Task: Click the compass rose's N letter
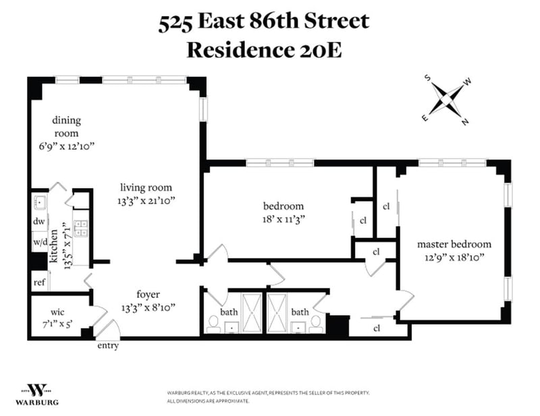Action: (x=465, y=121)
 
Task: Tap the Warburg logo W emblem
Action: (x=37, y=390)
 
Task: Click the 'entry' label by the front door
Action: (x=108, y=345)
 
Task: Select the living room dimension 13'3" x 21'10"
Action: (x=146, y=201)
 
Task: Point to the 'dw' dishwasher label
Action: (x=39, y=221)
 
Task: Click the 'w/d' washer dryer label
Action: (x=40, y=242)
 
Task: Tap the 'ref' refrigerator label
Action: (x=39, y=283)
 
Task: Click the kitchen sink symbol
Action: (x=40, y=202)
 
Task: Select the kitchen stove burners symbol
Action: (x=81, y=228)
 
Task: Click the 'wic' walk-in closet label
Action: (x=57, y=312)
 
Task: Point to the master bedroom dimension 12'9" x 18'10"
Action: (x=454, y=258)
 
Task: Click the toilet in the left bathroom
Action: (x=213, y=324)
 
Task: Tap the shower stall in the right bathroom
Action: (x=277, y=313)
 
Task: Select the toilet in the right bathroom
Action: (x=315, y=324)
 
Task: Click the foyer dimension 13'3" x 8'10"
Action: (x=148, y=307)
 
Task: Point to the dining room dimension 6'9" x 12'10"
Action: (x=66, y=146)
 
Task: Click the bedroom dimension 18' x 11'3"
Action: (x=283, y=219)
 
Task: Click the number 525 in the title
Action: (x=175, y=22)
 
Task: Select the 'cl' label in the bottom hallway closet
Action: (x=377, y=328)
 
